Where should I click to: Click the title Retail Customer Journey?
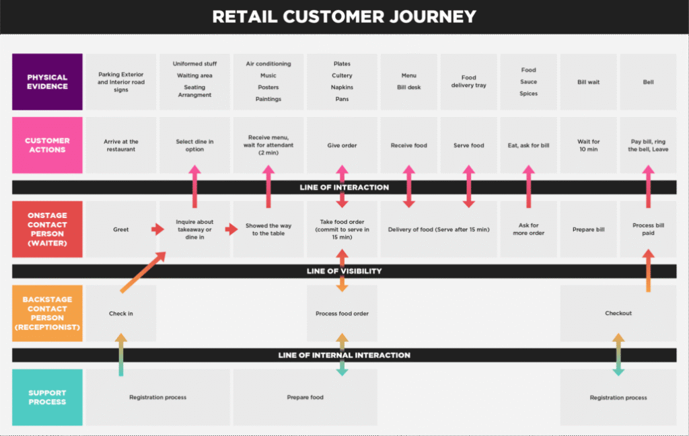(344, 16)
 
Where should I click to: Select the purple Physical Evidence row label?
(47, 82)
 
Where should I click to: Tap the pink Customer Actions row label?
(47, 145)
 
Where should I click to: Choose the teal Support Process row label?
(47, 397)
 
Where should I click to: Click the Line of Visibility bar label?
(344, 271)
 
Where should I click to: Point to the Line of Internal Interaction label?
(344, 355)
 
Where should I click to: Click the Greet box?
(121, 229)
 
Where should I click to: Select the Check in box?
(121, 314)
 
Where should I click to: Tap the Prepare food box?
(305, 397)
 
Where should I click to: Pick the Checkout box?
(618, 314)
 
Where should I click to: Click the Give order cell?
(342, 145)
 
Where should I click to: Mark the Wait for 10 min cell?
(589, 145)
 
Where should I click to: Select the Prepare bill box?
(589, 229)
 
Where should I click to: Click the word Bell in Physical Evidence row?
(649, 82)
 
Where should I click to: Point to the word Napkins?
(342, 87)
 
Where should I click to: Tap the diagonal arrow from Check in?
(143, 272)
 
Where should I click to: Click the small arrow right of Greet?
(157, 229)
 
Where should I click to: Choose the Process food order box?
(342, 314)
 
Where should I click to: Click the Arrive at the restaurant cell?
(121, 145)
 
